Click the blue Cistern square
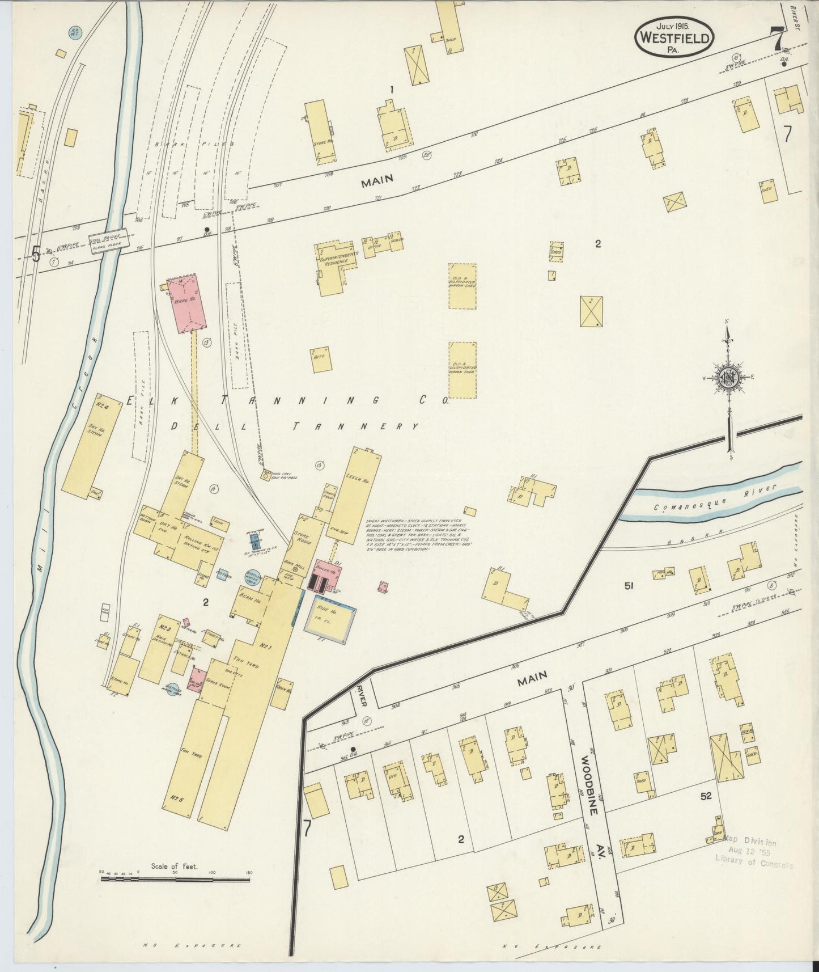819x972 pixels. click(x=222, y=576)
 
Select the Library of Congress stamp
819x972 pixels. click(x=751, y=853)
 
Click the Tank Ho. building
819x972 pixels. click(x=282, y=688)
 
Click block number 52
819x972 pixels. click(x=705, y=796)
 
